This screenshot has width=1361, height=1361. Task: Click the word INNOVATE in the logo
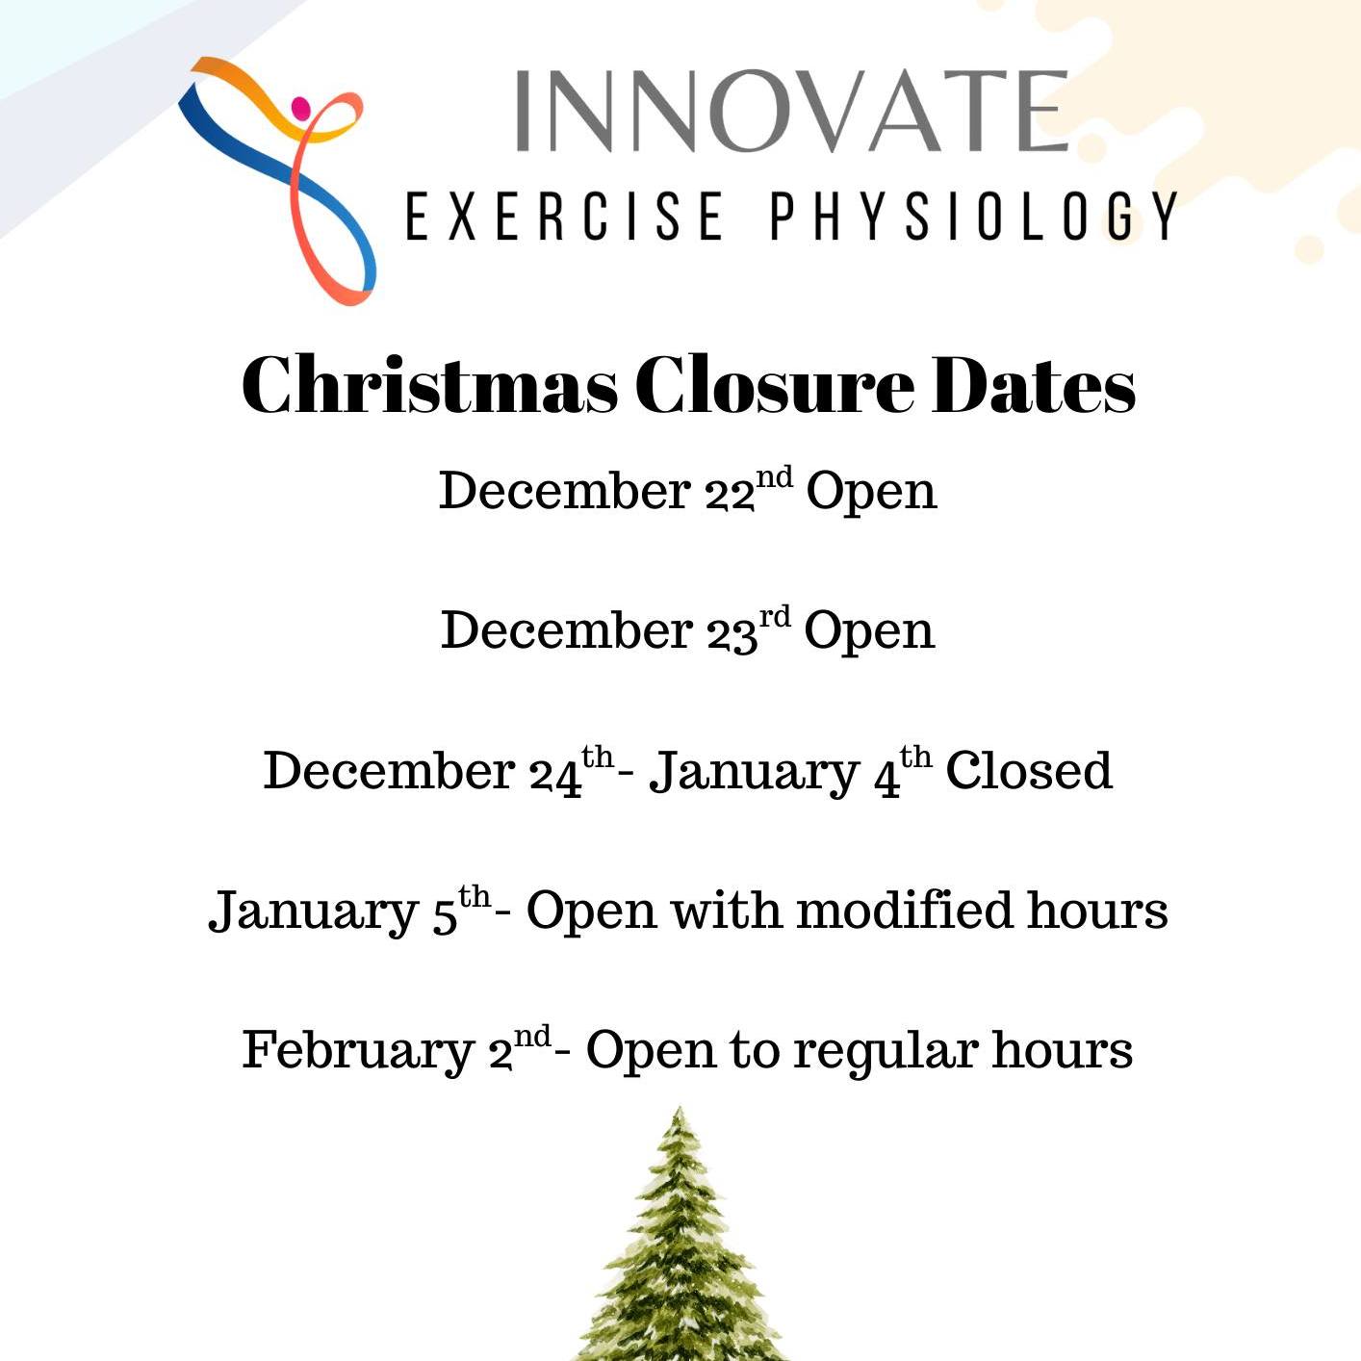point(791,111)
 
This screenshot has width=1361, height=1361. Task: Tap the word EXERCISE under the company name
point(565,216)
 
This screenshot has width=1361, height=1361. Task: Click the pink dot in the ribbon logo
point(301,107)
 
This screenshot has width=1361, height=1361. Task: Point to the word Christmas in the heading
point(429,385)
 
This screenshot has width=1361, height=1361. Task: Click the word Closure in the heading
point(774,385)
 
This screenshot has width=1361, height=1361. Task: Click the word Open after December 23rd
point(869,632)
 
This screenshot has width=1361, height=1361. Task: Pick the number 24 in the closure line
point(555,773)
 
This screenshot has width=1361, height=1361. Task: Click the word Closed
point(1029,771)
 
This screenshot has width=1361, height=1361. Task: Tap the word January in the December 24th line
point(754,773)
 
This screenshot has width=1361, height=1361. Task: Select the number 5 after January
point(444,913)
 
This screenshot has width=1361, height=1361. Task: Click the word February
point(358,1051)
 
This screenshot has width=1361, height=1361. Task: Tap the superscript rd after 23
point(775,616)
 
